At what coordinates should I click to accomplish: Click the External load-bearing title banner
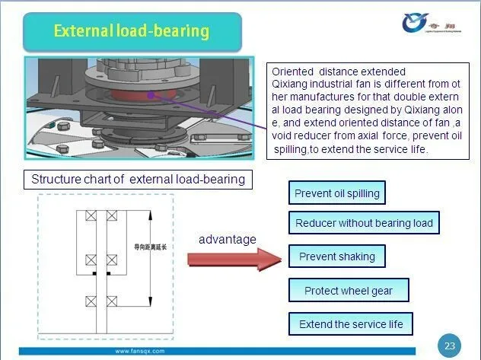click(x=131, y=31)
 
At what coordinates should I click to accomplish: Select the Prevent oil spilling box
click(x=337, y=193)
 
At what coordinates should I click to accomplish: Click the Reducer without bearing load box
click(x=364, y=223)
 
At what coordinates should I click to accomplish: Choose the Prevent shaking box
click(x=336, y=256)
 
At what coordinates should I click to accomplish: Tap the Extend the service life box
click(x=351, y=324)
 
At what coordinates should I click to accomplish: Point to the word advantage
click(x=228, y=240)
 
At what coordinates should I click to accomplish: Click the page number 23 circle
click(x=450, y=346)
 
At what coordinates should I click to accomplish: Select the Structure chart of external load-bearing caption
click(x=138, y=180)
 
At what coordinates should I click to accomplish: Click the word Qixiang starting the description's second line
click(x=289, y=84)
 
